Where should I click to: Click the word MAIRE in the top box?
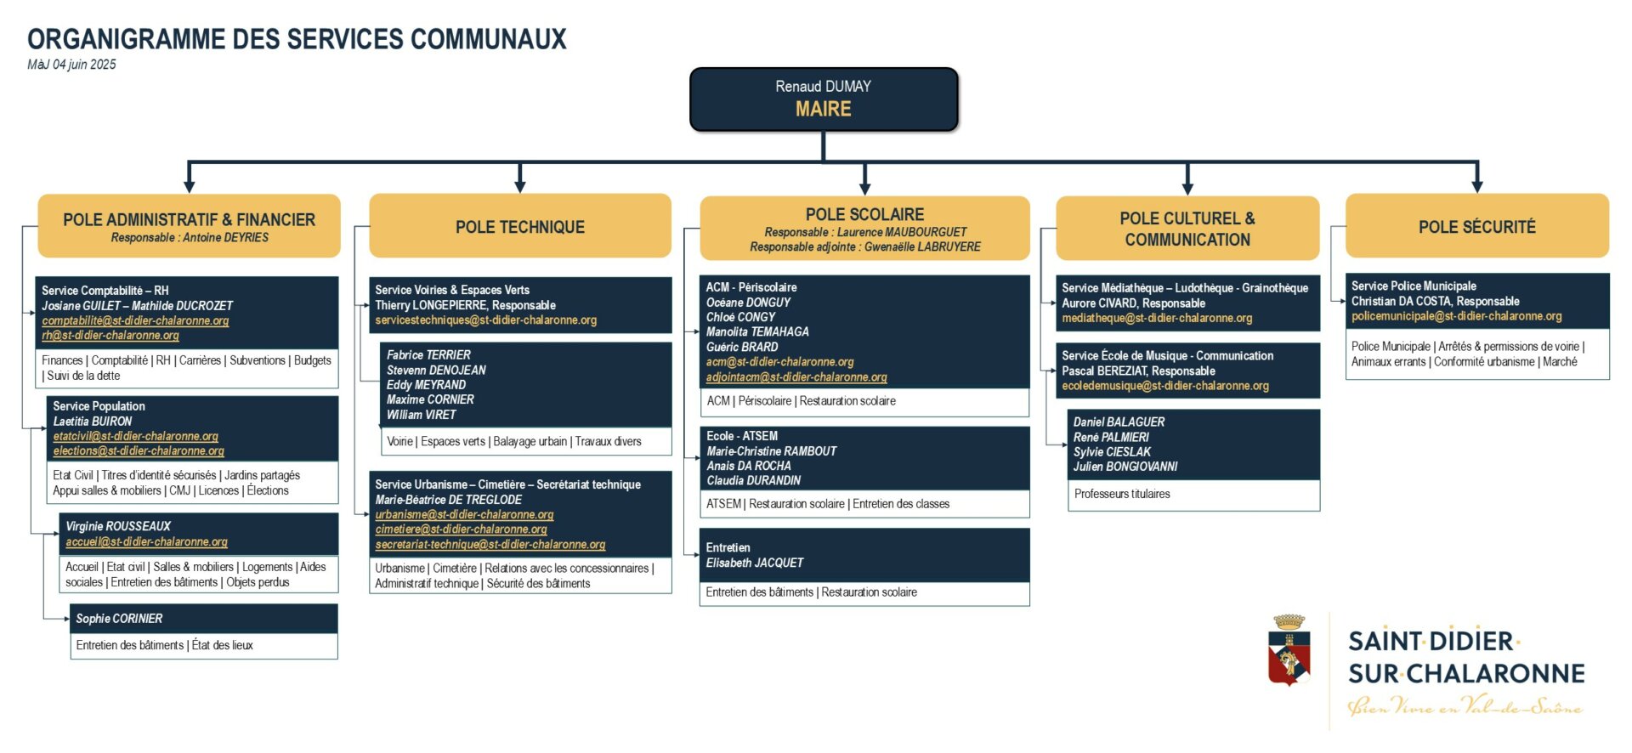click(x=823, y=110)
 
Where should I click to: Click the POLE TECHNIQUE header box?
click(x=520, y=226)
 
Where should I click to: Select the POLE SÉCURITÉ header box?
click(x=1476, y=226)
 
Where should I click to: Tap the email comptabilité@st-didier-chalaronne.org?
click(x=135, y=320)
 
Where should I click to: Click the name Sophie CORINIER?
click(x=119, y=619)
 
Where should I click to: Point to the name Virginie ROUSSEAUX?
click(x=118, y=526)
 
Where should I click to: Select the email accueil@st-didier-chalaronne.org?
click(x=146, y=541)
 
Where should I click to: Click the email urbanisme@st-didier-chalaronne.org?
click(x=464, y=514)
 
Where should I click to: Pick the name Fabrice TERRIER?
click(x=428, y=354)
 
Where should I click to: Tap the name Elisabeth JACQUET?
click(x=754, y=563)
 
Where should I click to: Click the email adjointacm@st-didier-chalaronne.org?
click(x=796, y=376)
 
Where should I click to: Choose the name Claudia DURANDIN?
click(x=753, y=480)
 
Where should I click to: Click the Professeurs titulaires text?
click(x=1122, y=494)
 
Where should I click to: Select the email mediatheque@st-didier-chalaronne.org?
click(x=1157, y=318)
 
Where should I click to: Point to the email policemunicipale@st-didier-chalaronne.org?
click(x=1456, y=316)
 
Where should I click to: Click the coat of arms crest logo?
click(x=1289, y=650)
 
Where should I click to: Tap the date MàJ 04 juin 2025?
click(x=71, y=65)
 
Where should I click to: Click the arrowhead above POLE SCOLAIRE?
click(x=864, y=185)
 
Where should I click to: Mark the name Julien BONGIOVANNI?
click(x=1125, y=467)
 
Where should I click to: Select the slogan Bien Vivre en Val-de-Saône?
click(x=1465, y=706)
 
